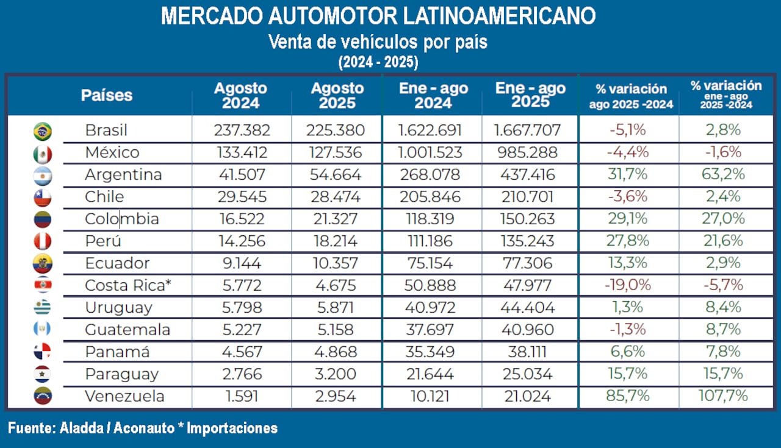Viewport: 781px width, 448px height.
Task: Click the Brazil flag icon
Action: [x=43, y=130]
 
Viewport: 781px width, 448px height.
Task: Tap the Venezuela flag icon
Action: [x=43, y=396]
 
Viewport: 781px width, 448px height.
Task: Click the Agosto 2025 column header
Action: [x=337, y=96]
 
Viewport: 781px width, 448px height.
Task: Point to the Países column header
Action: [x=107, y=95]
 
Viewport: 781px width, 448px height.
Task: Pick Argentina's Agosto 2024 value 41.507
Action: [x=242, y=175]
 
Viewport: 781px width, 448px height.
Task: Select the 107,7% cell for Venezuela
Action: [x=723, y=396]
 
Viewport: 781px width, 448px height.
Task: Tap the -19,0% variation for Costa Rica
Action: [x=628, y=285]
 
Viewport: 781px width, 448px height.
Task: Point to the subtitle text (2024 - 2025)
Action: [x=378, y=62]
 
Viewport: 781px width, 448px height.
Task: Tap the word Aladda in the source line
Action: [x=81, y=428]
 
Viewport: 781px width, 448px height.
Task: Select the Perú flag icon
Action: [x=43, y=241]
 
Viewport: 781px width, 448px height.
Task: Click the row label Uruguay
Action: [x=118, y=308]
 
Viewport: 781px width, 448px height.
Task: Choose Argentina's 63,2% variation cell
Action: [x=723, y=175]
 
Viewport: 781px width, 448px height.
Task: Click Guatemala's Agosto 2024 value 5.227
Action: [x=242, y=330]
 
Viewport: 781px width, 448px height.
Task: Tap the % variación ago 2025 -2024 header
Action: [x=631, y=96]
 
